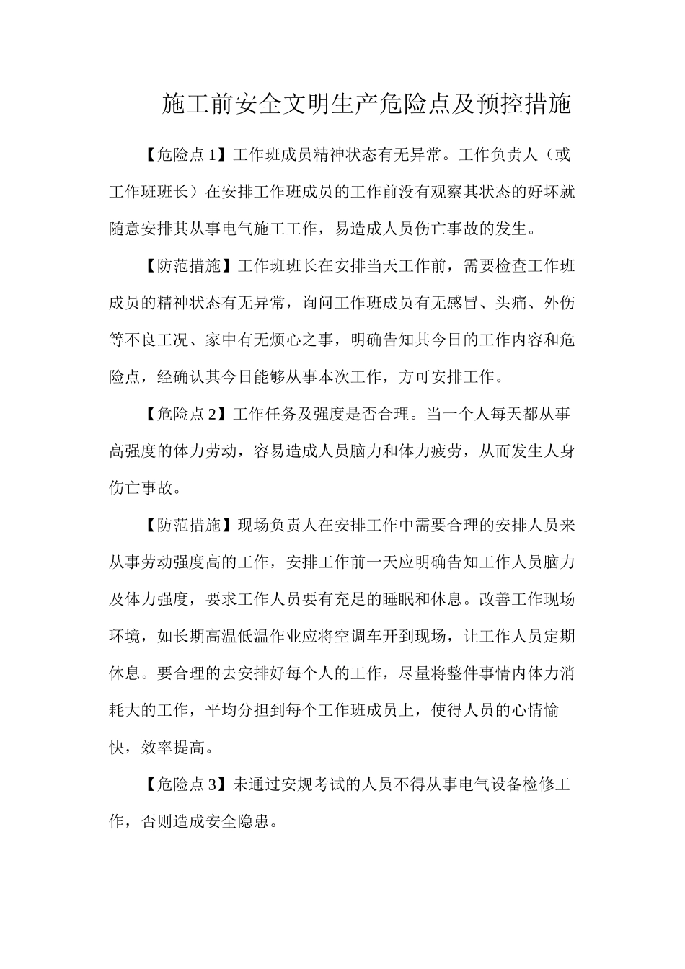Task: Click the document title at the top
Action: tap(367, 105)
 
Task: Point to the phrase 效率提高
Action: tap(173, 748)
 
